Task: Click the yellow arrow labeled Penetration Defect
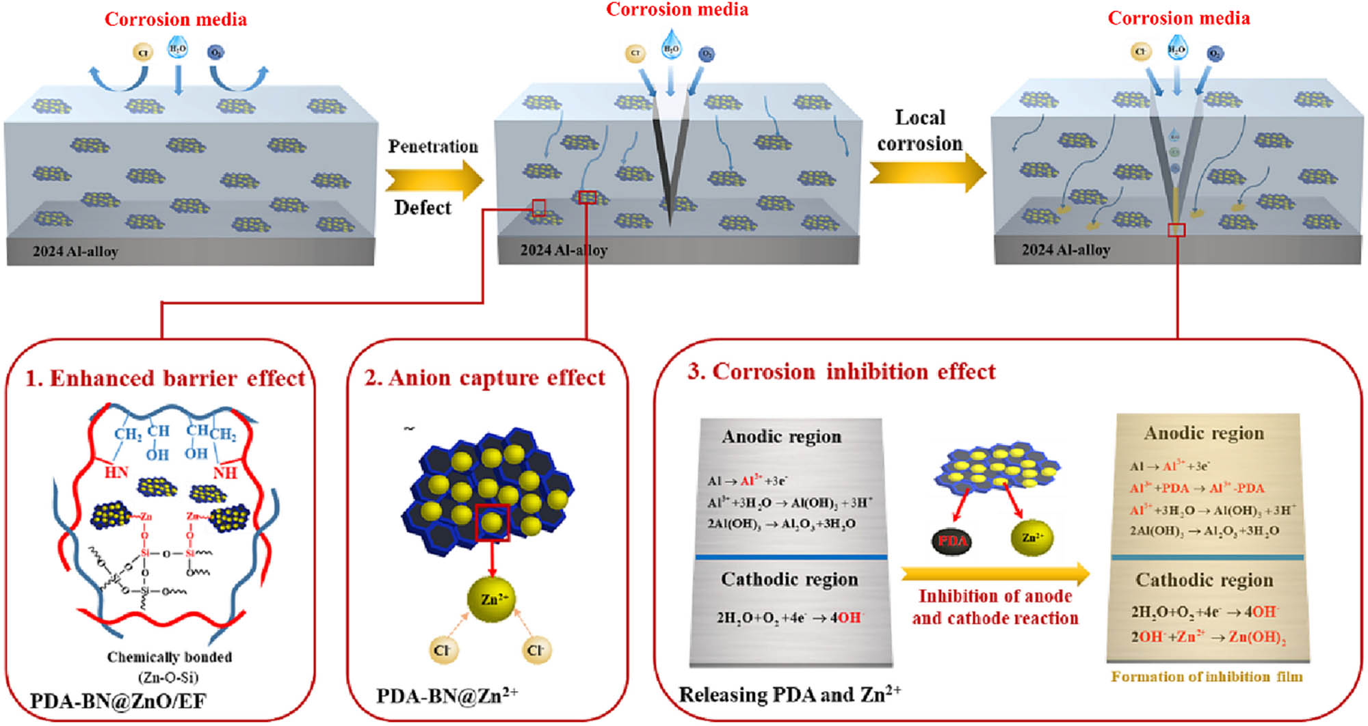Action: pyautogui.click(x=433, y=179)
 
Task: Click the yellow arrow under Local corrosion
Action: pyautogui.click(x=926, y=172)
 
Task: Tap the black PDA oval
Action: pyautogui.click(x=952, y=541)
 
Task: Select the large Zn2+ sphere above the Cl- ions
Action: pyautogui.click(x=492, y=599)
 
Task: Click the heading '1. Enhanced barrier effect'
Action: pyautogui.click(x=165, y=378)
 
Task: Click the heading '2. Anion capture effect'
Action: pyautogui.click(x=485, y=377)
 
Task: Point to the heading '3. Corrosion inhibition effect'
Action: pyautogui.click(x=841, y=371)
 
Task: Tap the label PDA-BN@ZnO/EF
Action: pyautogui.click(x=118, y=701)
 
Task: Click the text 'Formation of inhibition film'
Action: pyautogui.click(x=1207, y=677)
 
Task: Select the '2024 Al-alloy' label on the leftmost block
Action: pyautogui.click(x=75, y=252)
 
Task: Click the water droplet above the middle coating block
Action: pyautogui.click(x=671, y=45)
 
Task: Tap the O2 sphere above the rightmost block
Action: pyautogui.click(x=1215, y=53)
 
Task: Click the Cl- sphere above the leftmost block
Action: pyautogui.click(x=142, y=53)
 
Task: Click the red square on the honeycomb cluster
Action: pyautogui.click(x=492, y=523)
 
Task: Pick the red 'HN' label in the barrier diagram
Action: pyautogui.click(x=116, y=472)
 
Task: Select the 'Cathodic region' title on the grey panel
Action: pyautogui.click(x=789, y=579)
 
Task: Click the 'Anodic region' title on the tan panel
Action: pyautogui.click(x=1204, y=433)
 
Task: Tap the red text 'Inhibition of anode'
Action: pyautogui.click(x=995, y=596)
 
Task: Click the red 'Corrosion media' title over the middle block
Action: pyautogui.click(x=676, y=10)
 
